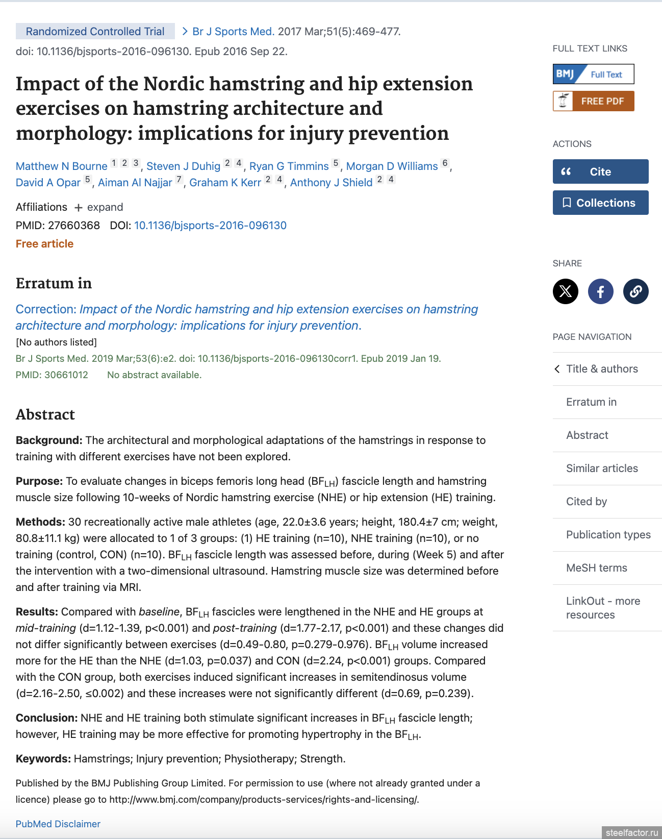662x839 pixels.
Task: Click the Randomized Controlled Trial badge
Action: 95,32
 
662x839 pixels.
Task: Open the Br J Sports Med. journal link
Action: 233,32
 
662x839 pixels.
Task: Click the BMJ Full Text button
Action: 593,74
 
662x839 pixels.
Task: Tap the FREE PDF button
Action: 593,101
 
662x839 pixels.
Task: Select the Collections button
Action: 600,203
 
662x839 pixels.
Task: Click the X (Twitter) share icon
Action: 565,291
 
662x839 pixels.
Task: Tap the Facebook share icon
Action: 600,291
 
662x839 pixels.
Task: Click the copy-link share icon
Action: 635,291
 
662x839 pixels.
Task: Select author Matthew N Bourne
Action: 62,166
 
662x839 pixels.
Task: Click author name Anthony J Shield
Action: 331,183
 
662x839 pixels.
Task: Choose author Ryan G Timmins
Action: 289,166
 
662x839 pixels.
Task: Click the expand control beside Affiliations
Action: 99,207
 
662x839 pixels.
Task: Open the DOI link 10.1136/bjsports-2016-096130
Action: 210,226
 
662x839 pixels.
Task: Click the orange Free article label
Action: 44,244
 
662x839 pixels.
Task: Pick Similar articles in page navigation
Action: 602,468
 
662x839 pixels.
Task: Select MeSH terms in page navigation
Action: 596,568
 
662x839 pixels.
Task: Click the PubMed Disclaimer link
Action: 58,824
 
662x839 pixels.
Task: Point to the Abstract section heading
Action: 45,414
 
